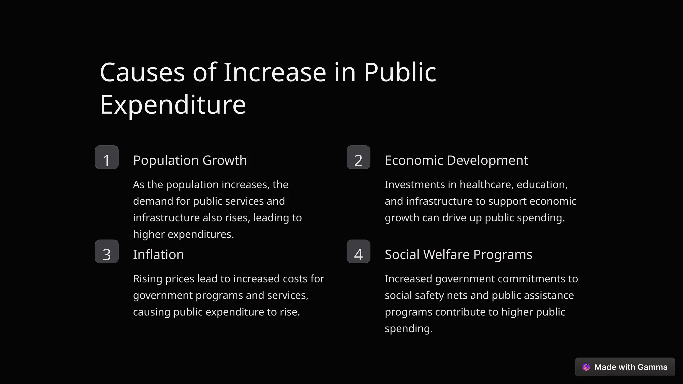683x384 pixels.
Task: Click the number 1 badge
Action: tap(107, 157)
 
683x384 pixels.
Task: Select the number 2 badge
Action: tap(358, 157)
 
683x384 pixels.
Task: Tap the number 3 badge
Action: tap(107, 252)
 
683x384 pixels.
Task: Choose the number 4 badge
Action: tap(358, 252)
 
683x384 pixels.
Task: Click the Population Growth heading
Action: tap(190, 160)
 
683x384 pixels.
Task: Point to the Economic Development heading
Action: tap(456, 160)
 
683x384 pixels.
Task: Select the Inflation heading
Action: tap(158, 255)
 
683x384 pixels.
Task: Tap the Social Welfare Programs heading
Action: tap(458, 255)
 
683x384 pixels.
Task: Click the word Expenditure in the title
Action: tap(173, 105)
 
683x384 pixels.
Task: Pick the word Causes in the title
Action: tap(142, 72)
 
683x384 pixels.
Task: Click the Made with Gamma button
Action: tap(625, 367)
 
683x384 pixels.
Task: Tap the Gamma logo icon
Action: tap(586, 367)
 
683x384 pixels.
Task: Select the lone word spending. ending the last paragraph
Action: tap(409, 329)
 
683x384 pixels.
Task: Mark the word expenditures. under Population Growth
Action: tap(201, 234)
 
